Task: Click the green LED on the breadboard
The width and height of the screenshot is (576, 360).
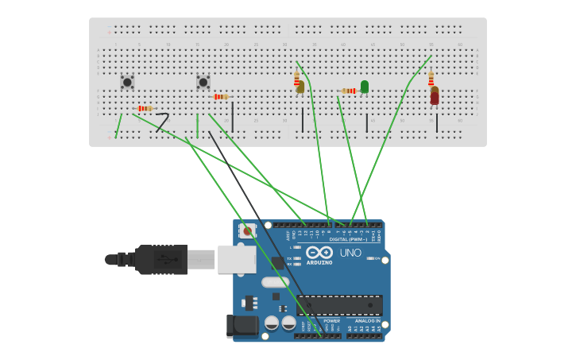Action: coord(365,86)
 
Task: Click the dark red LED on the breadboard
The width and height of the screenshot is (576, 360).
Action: coord(435,96)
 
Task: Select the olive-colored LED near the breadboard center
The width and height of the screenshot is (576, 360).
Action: coord(300,87)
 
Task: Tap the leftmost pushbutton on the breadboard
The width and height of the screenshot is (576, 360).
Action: coord(127,82)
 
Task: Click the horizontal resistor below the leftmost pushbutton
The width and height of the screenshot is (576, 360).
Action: coord(145,108)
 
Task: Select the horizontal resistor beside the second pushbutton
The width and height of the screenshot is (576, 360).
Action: coord(221,97)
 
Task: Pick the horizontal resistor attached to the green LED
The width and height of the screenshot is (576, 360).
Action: coord(349,91)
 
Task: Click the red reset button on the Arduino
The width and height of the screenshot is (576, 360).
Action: coord(248,231)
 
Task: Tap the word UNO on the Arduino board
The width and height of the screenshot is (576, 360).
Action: coord(350,253)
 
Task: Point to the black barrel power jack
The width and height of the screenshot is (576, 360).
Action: coord(242,325)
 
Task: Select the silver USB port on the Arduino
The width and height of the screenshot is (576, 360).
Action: coord(237,259)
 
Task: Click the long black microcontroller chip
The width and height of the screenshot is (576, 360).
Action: coord(339,305)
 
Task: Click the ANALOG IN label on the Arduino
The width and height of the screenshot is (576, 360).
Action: coord(367,321)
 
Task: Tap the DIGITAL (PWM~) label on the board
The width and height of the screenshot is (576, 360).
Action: coord(349,239)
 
